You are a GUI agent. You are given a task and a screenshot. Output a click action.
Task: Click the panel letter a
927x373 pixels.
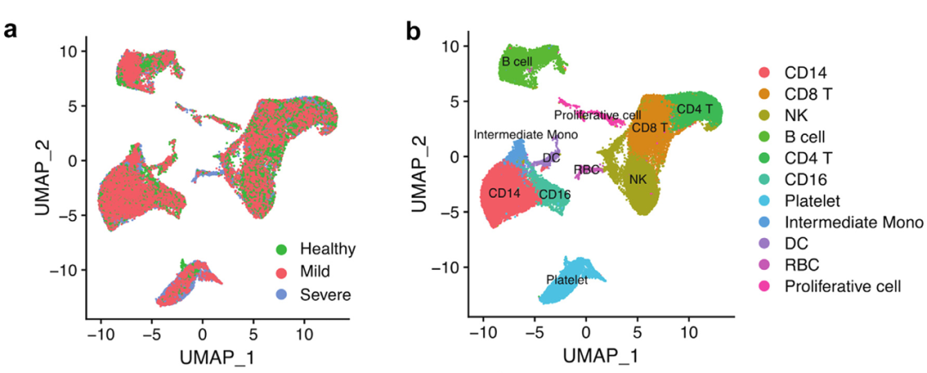(12, 32)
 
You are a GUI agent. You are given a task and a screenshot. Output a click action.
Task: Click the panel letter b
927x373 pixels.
(413, 32)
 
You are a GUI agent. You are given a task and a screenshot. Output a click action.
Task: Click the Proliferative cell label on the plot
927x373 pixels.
(597, 114)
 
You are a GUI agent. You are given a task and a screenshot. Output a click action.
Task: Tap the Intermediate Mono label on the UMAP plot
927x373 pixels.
(525, 135)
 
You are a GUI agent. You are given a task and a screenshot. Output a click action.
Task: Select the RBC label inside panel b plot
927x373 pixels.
(586, 169)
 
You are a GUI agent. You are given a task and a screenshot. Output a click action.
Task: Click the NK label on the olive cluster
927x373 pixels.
(637, 180)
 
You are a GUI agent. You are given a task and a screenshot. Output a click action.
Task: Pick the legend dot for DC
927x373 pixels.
(764, 243)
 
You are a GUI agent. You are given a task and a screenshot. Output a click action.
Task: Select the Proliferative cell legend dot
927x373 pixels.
(764, 286)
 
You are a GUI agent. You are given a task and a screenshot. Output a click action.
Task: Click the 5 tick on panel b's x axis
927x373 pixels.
(637, 330)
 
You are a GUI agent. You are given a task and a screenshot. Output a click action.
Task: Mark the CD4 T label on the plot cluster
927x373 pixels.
(694, 109)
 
